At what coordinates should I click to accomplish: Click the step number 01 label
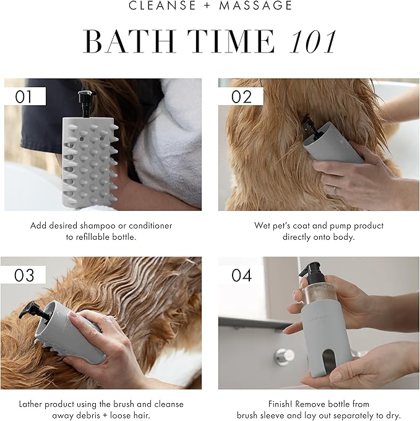(x=24, y=97)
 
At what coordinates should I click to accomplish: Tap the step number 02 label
(x=241, y=97)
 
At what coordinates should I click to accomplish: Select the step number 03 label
(x=24, y=275)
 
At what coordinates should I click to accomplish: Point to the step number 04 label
(x=242, y=275)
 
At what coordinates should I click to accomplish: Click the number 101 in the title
(x=314, y=41)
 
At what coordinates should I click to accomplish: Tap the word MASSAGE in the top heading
(x=255, y=6)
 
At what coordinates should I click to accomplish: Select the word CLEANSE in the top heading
(x=162, y=6)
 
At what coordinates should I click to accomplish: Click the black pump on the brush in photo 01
(x=87, y=104)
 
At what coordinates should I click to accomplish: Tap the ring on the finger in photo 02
(x=335, y=191)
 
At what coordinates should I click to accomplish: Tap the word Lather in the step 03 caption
(x=32, y=404)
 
